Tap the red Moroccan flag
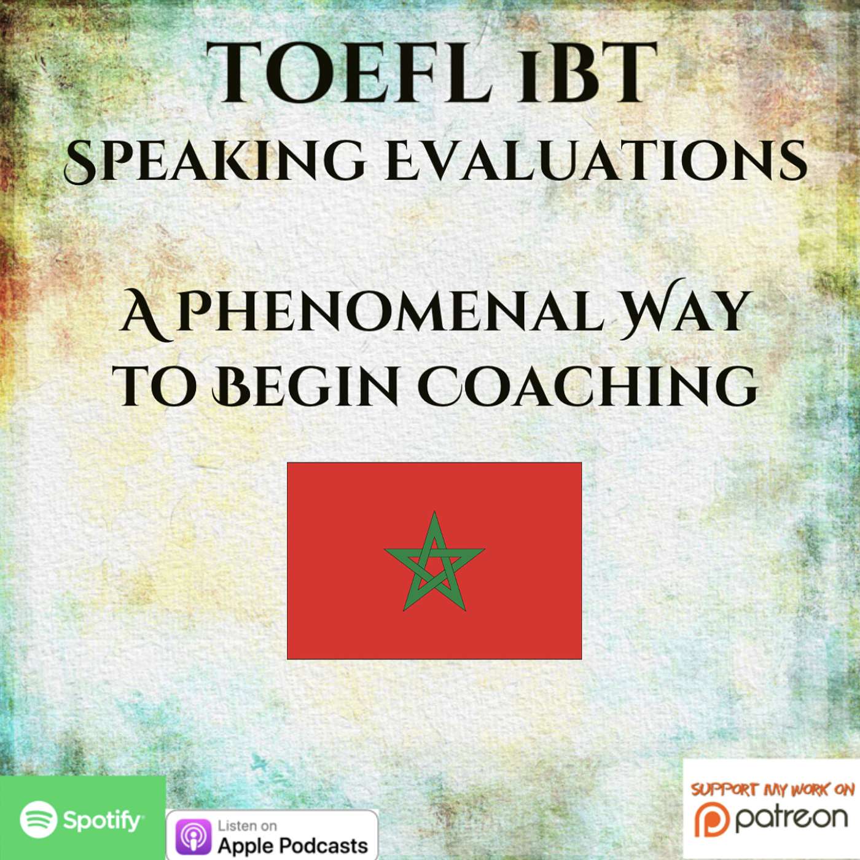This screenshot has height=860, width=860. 434,561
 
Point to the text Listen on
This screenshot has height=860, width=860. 247,813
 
